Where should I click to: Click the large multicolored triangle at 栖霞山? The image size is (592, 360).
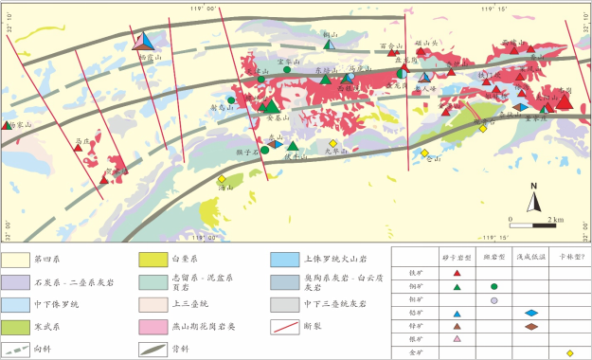[x=144, y=40]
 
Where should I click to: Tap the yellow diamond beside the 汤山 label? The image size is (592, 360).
[x=222, y=179]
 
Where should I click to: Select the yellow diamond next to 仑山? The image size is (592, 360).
[x=425, y=153]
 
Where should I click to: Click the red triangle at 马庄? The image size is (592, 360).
[x=78, y=148]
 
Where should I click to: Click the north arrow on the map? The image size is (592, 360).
[x=534, y=197]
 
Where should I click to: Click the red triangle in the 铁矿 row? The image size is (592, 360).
[x=457, y=273]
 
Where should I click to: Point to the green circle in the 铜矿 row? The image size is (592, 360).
[x=494, y=286]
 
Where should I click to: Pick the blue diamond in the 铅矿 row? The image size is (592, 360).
[x=531, y=313]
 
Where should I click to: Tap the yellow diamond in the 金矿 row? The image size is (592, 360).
[x=569, y=352]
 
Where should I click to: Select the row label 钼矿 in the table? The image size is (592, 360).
[x=413, y=299]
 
